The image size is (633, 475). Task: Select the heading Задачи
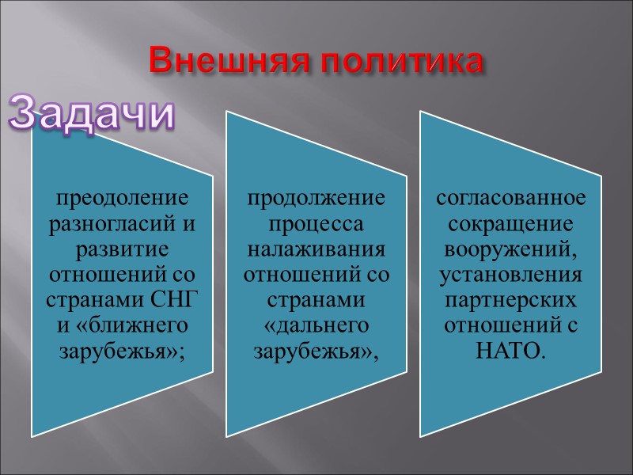tap(91, 114)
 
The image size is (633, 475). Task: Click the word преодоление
tap(123, 196)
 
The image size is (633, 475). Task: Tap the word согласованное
tap(511, 196)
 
